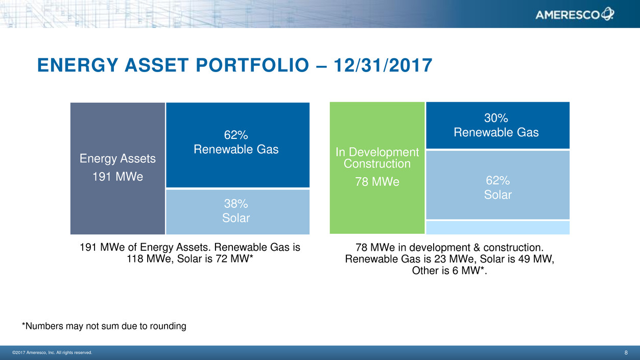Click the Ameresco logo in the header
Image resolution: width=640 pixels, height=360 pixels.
[575, 14]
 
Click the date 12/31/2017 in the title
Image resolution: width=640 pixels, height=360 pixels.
[383, 65]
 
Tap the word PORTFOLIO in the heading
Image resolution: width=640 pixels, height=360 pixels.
[252, 65]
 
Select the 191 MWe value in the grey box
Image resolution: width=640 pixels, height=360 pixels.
[117, 177]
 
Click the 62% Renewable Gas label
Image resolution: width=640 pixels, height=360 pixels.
[236, 142]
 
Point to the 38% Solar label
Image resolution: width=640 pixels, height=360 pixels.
[236, 211]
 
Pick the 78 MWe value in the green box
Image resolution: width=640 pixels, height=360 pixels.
[377, 182]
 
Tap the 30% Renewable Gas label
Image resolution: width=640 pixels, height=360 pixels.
[496, 125]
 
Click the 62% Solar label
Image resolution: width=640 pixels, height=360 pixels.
[497, 187]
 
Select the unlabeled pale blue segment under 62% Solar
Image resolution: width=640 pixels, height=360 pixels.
[497, 227]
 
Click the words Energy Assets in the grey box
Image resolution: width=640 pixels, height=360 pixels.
[117, 159]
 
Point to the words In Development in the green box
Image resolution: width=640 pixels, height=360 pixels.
[377, 152]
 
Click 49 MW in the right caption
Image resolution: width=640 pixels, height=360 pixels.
[534, 259]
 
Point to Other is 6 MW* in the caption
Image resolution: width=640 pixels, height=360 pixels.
[449, 271]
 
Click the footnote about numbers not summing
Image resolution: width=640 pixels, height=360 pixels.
[104, 326]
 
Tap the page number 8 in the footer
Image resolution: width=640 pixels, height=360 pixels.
[626, 352]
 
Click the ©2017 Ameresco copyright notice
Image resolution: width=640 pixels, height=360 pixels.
[52, 352]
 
